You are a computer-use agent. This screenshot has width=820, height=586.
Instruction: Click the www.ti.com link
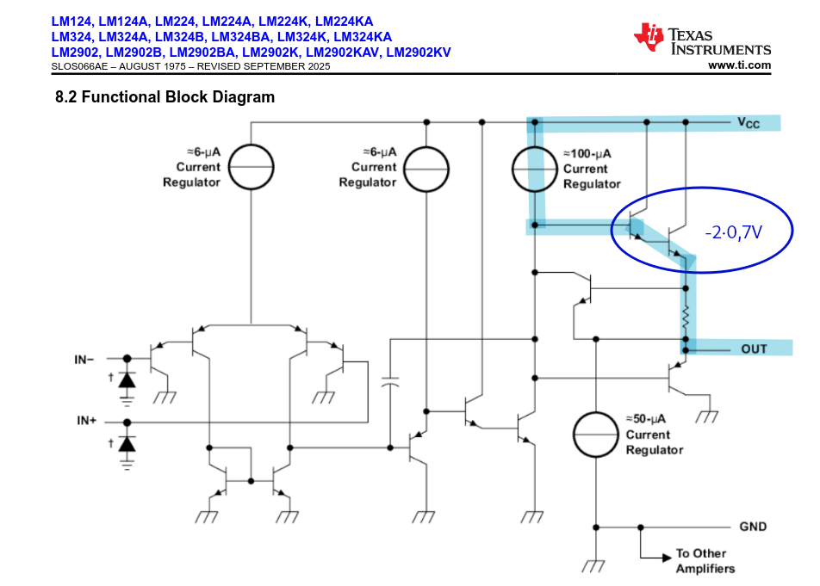[739, 65]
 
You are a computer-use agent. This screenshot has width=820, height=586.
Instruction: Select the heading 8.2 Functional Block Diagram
[165, 97]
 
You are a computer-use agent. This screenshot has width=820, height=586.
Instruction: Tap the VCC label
[748, 123]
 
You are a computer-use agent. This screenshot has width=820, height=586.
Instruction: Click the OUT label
[754, 349]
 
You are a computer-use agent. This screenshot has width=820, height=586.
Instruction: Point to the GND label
[753, 526]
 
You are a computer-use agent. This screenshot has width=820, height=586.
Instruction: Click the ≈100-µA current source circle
[535, 169]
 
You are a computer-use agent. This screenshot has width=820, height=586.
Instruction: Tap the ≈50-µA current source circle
[596, 435]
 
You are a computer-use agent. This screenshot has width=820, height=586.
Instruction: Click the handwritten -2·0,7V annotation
[733, 232]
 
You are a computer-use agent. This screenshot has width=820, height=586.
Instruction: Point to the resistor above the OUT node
[686, 318]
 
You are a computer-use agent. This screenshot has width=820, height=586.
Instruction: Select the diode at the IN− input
[127, 379]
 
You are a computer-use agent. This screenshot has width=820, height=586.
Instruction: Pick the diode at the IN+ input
[127, 444]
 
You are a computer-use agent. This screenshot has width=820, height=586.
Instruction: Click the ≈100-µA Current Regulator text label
[591, 169]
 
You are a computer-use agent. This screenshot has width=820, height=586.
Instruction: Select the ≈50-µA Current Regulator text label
[654, 435]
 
